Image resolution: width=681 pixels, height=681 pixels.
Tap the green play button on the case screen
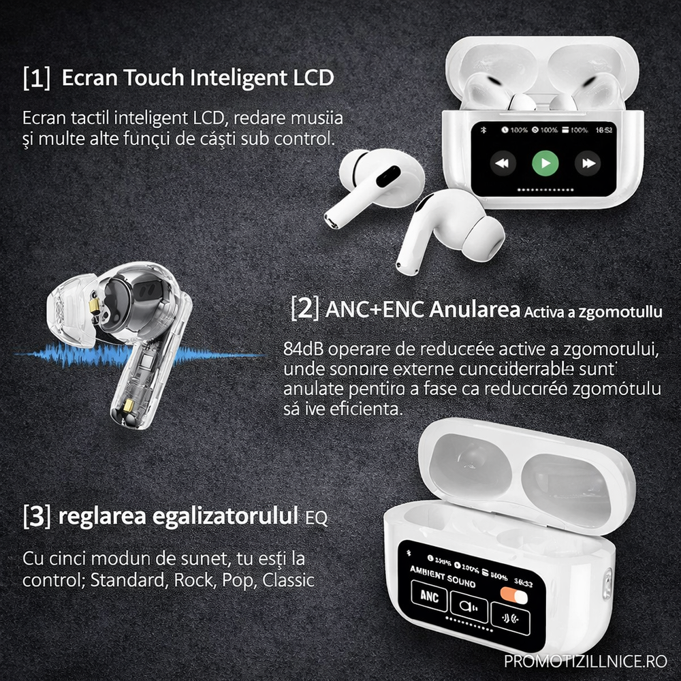click(x=545, y=163)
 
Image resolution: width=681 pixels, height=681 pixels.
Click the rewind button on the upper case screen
click(x=502, y=163)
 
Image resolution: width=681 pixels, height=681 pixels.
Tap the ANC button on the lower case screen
click(x=429, y=597)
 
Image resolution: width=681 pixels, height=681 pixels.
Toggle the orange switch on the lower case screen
click(x=513, y=597)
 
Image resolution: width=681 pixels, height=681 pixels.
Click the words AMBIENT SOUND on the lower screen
click(x=442, y=576)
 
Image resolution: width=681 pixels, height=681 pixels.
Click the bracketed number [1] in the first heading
click(x=36, y=78)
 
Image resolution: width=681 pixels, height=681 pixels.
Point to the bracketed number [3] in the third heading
click(x=36, y=516)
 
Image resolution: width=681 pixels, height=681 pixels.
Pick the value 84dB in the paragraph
click(x=303, y=349)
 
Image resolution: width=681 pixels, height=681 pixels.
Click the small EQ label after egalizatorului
click(x=316, y=518)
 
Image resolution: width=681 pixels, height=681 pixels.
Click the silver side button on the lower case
click(x=606, y=584)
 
